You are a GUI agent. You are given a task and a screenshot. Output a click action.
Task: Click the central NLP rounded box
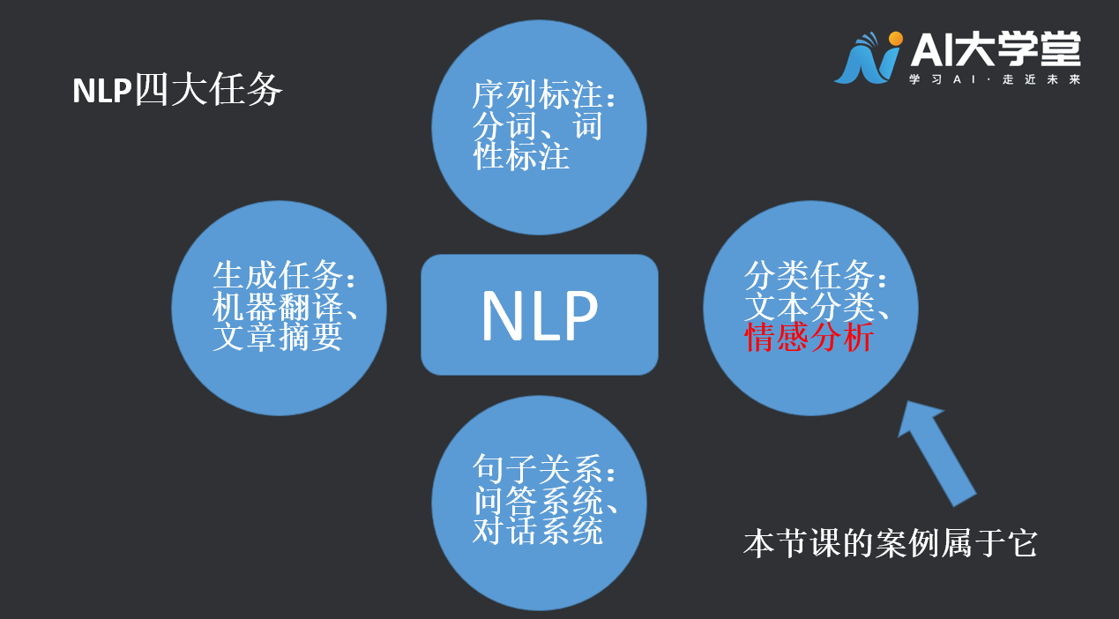(539, 315)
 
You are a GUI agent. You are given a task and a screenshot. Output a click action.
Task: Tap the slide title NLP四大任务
(177, 90)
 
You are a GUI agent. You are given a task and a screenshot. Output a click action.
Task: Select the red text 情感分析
(809, 338)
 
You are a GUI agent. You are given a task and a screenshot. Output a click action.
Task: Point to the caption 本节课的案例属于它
(890, 543)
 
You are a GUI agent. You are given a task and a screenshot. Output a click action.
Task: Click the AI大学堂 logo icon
(869, 58)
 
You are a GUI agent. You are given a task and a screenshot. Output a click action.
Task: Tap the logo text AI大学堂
(995, 49)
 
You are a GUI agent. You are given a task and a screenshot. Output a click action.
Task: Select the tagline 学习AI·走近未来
(995, 79)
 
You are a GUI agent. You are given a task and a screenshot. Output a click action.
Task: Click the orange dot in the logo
(896, 39)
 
